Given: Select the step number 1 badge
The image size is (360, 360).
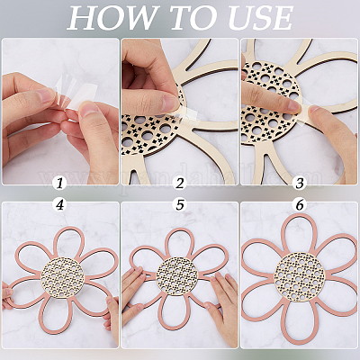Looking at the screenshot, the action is pyautogui.click(x=59, y=183).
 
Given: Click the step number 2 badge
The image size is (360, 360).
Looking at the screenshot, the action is pyautogui.click(x=179, y=183).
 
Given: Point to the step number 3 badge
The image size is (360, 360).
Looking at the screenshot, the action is pyautogui.click(x=300, y=183).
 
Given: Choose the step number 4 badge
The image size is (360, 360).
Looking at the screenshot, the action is pyautogui.click(x=59, y=204).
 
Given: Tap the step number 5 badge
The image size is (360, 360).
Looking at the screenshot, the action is pyautogui.click(x=179, y=204).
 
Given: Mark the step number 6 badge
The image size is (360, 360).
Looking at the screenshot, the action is pyautogui.click(x=300, y=204).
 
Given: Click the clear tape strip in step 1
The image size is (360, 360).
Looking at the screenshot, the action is pyautogui.click(x=78, y=90).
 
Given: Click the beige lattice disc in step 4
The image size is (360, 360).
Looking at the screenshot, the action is pyautogui.click(x=62, y=277).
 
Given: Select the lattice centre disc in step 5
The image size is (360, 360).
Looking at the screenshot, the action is pyautogui.click(x=177, y=275).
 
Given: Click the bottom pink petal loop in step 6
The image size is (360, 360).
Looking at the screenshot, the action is pyautogui.click(x=299, y=343).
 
